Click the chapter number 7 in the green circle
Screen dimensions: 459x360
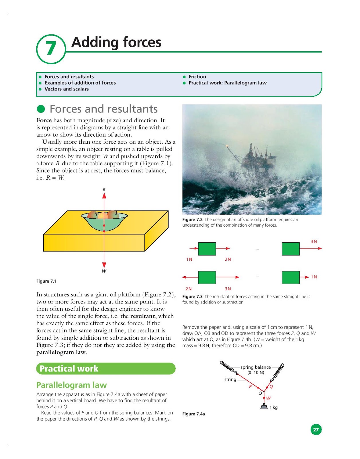(51, 48)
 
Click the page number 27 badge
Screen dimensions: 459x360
(316, 429)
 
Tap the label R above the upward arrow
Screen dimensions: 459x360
(104, 190)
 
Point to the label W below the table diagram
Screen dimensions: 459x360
(104, 271)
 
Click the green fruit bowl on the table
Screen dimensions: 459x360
(104, 222)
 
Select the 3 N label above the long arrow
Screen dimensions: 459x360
(314, 242)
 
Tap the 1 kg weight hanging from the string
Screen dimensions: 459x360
(264, 407)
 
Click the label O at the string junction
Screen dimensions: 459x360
(260, 393)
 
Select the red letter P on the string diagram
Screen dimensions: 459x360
(250, 386)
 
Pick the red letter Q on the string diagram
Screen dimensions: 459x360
(271, 386)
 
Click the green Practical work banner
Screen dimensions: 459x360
(106, 369)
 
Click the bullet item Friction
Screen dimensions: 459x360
(197, 77)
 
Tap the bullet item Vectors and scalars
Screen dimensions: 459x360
(66, 89)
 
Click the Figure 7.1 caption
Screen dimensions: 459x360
(46, 281)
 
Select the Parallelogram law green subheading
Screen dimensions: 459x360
(71, 385)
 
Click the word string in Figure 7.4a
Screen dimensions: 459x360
(230, 379)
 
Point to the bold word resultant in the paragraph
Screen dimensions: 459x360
(142, 316)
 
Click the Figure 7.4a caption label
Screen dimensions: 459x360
(193, 414)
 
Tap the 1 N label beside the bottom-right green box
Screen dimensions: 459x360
(314, 277)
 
